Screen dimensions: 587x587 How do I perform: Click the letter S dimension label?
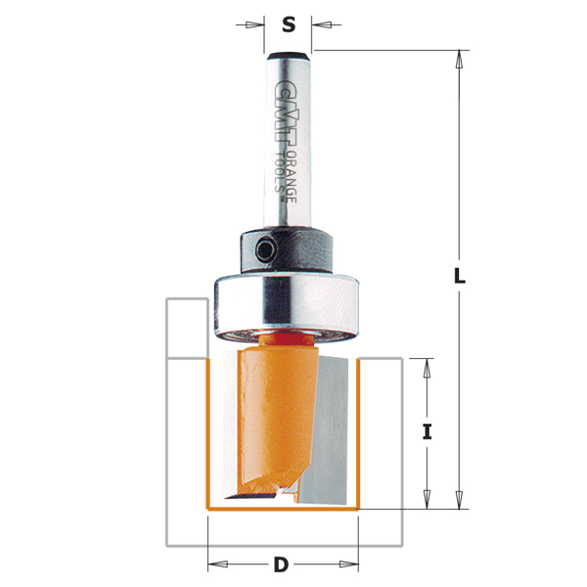pyautogui.click(x=289, y=24)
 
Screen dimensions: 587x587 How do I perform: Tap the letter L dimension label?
pyautogui.click(x=459, y=277)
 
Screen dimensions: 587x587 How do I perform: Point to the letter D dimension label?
pyautogui.click(x=281, y=564)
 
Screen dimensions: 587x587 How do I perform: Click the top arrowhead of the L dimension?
pyautogui.click(x=459, y=59)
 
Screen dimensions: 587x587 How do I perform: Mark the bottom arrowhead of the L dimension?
pyautogui.click(x=459, y=500)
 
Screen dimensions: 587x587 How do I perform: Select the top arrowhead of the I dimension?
pyautogui.click(x=427, y=367)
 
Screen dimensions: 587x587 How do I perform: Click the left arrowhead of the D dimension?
pyautogui.click(x=217, y=564)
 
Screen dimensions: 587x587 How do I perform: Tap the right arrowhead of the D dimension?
pyautogui.click(x=350, y=564)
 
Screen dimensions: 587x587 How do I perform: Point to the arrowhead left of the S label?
pyautogui.click(x=256, y=24)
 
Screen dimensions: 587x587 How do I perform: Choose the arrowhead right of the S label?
pyautogui.click(x=320, y=24)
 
